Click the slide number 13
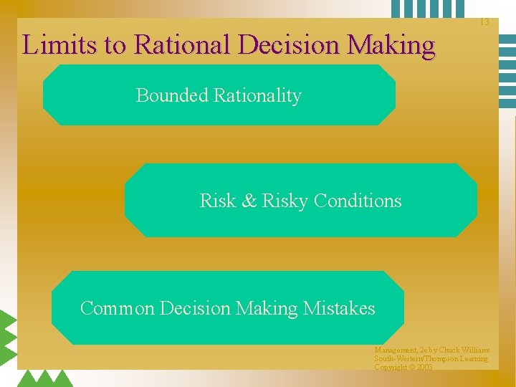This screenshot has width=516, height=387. pyautogui.click(x=484, y=22)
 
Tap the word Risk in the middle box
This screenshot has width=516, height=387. pyautogui.click(x=217, y=201)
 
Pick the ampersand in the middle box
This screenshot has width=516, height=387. pyautogui.click(x=249, y=201)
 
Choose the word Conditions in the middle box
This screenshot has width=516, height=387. pyautogui.click(x=358, y=201)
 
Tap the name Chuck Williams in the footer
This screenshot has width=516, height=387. pyautogui.click(x=466, y=350)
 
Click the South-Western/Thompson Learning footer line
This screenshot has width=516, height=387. pyautogui.click(x=431, y=358)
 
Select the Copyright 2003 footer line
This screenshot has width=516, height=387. pyautogui.click(x=403, y=367)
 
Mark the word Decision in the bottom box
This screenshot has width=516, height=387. pyautogui.click(x=195, y=308)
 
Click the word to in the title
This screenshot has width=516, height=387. pyautogui.click(x=116, y=45)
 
